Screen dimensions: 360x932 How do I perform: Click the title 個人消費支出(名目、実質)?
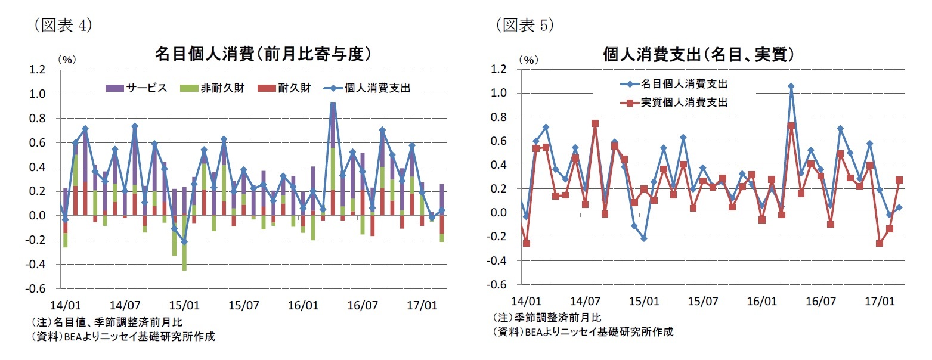698,54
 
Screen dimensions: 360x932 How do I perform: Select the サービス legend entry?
137,88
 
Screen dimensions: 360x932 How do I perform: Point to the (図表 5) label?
524,25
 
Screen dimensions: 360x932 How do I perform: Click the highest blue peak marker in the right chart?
791,86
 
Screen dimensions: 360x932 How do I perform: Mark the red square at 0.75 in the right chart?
595,123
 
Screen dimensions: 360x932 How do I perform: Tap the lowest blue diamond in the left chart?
184,242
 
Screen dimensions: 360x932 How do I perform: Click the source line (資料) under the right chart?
583,331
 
